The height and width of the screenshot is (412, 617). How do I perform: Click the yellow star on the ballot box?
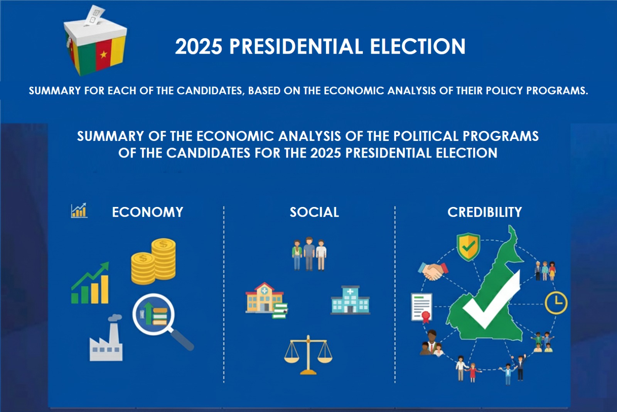pos(104,54)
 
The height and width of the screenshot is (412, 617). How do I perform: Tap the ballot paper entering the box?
pos(95,15)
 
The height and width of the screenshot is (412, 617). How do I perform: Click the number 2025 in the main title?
pos(199,46)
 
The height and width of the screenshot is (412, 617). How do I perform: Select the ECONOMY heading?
pos(147,212)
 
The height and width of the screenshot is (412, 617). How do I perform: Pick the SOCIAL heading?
pos(314,212)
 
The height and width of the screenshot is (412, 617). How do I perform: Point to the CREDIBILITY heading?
pos(484,212)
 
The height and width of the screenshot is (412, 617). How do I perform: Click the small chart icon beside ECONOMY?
pos(79,211)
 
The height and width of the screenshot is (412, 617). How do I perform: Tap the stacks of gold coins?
pos(153,261)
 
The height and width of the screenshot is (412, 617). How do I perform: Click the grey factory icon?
pos(106,337)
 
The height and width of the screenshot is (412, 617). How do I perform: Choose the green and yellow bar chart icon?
pos(90,283)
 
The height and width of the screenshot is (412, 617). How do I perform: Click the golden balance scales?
pos(308,355)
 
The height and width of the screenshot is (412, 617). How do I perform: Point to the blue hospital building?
pos(351,300)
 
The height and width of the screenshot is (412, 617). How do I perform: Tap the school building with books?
pos(266,300)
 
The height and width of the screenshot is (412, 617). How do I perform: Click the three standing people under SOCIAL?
pos(309,254)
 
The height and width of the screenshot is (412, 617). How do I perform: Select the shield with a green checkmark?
pos(468,247)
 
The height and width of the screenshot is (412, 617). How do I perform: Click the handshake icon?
pos(433,271)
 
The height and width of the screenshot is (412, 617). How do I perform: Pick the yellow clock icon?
pos(556,302)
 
